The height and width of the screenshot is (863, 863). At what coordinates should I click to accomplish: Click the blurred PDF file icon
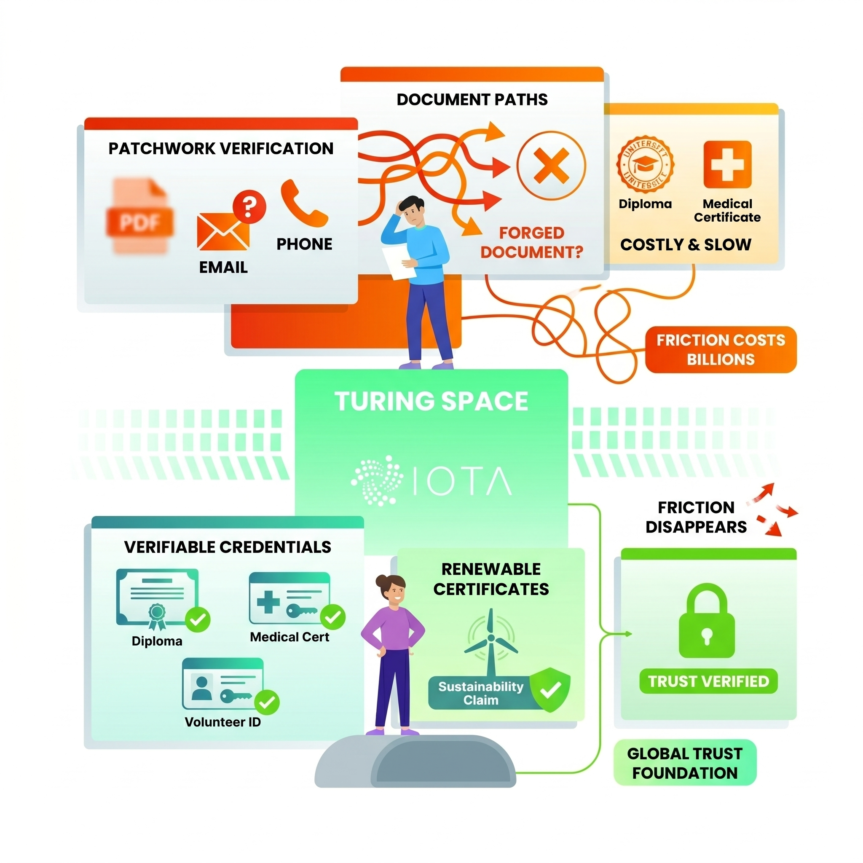tap(139, 216)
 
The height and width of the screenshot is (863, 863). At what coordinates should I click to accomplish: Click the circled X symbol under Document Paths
tap(551, 166)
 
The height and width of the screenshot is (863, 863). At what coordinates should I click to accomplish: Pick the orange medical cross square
tap(727, 164)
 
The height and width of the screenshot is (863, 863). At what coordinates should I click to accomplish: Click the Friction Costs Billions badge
tap(720, 350)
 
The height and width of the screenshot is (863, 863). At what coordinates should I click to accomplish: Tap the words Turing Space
tap(431, 401)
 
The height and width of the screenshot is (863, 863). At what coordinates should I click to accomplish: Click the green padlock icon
tap(707, 622)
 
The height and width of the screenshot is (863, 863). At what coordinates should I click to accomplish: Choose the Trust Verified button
tap(708, 681)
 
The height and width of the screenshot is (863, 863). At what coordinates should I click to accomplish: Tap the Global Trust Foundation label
tap(685, 764)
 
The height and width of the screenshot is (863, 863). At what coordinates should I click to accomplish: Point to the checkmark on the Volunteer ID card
tap(267, 702)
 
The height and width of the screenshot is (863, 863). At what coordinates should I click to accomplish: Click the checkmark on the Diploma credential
tap(198, 619)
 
